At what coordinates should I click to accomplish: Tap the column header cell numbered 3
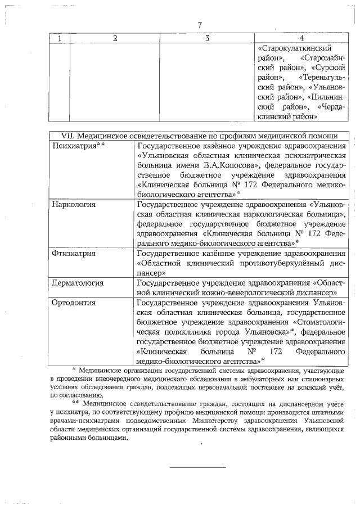206,38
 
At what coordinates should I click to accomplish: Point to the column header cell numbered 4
302,38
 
